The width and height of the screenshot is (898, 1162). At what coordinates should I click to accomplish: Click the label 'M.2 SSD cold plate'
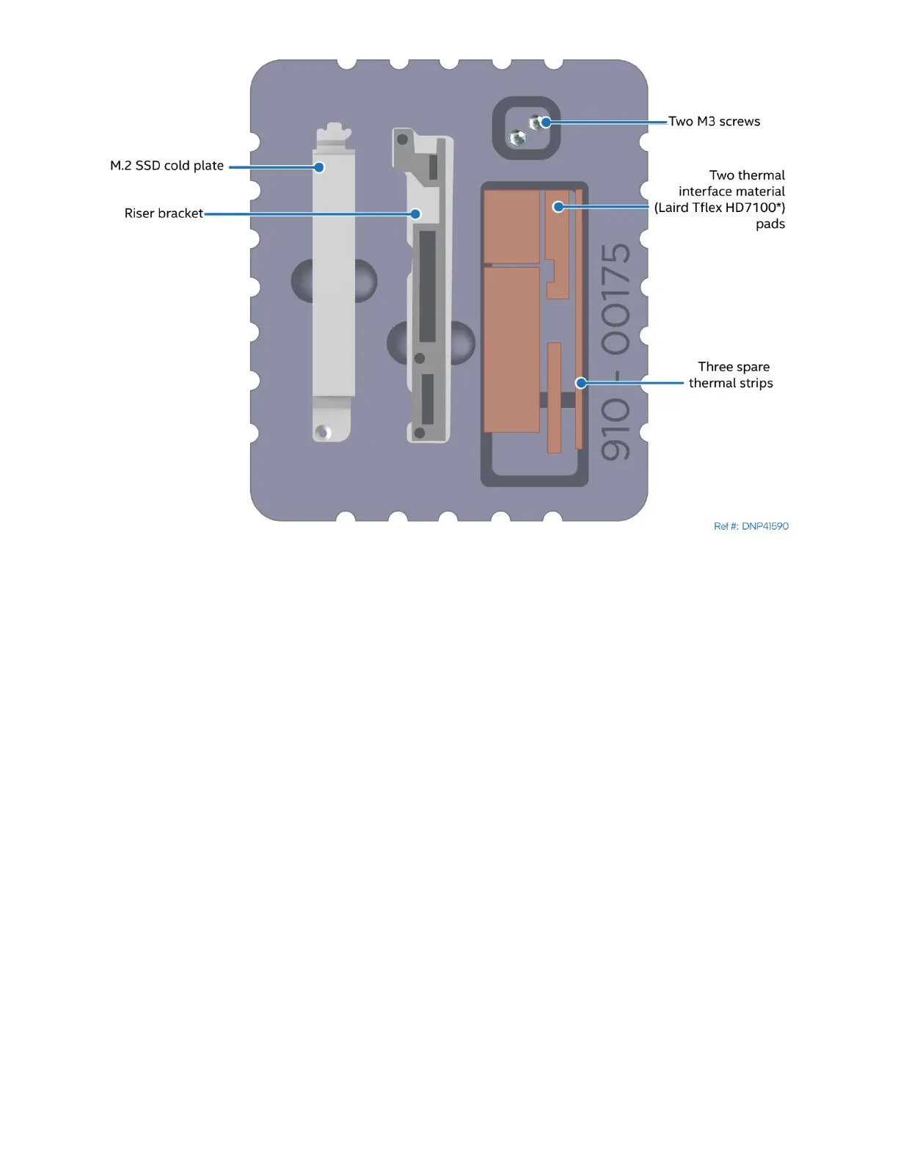pos(167,166)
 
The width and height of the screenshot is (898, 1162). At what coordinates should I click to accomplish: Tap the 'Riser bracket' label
pos(164,213)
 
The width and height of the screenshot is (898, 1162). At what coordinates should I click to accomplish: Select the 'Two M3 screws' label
pos(714,122)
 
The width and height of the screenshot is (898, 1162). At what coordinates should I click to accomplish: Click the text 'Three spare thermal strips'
pos(731,375)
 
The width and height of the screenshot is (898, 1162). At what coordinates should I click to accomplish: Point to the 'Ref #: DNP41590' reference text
pos(751,526)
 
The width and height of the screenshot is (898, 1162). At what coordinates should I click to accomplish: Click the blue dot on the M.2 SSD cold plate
pos(319,167)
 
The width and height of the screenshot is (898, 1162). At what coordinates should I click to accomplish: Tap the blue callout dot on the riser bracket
pos(415,214)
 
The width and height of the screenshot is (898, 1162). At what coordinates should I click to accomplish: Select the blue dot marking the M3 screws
pos(546,122)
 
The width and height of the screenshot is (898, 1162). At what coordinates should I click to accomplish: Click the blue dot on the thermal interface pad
pos(558,207)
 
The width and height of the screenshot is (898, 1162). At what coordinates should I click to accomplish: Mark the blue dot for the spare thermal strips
pos(581,383)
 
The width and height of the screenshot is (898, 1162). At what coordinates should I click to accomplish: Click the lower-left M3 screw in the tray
pos(518,137)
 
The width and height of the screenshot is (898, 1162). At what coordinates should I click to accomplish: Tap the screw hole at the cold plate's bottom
pos(324,432)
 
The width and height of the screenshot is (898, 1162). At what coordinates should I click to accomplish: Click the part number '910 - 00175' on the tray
pos(616,352)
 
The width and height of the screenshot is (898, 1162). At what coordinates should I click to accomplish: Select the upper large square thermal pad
pos(511,226)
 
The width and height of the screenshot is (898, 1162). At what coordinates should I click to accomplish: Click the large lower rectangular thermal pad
pos(511,349)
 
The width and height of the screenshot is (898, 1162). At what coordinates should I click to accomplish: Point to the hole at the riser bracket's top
pos(402,139)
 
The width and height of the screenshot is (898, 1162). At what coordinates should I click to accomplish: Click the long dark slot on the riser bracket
pos(427,286)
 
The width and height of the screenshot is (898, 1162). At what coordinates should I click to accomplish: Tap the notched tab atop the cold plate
pos(334,133)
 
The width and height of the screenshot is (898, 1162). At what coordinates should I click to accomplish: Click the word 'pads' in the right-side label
pos(770,224)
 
